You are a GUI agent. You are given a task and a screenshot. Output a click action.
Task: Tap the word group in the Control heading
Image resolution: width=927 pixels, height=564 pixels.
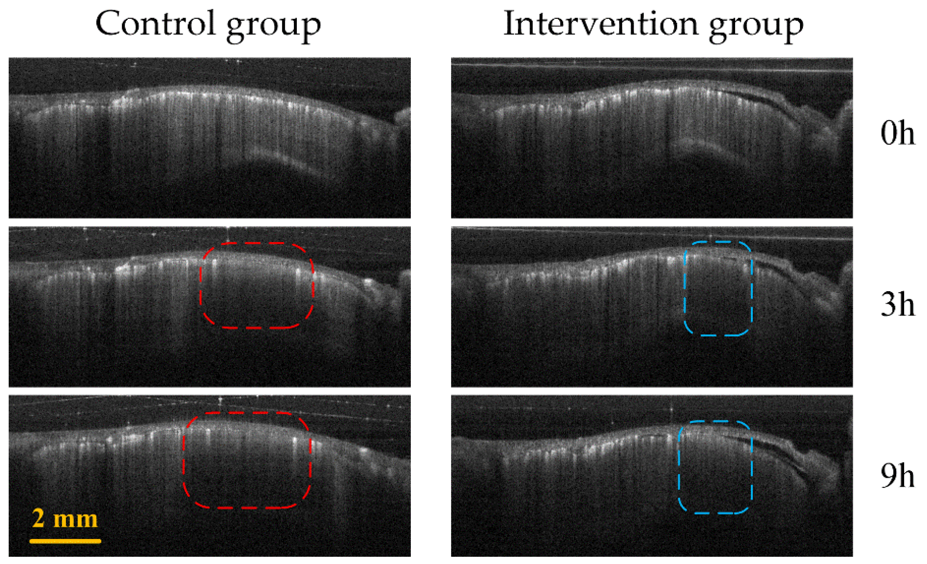pyautogui.click(x=274, y=26)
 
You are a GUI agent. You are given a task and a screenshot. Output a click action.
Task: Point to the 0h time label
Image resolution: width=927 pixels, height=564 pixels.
pyautogui.click(x=897, y=133)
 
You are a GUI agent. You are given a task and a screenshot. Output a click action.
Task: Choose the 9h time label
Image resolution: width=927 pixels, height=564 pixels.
pyautogui.click(x=897, y=476)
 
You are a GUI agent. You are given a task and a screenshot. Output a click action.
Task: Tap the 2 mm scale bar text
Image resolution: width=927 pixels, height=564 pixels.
pyautogui.click(x=65, y=519)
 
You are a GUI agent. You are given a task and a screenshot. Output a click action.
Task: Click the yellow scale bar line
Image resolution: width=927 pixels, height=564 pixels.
pyautogui.click(x=65, y=541)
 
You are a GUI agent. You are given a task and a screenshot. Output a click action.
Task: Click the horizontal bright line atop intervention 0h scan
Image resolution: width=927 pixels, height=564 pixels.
pyautogui.click(x=652, y=67)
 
